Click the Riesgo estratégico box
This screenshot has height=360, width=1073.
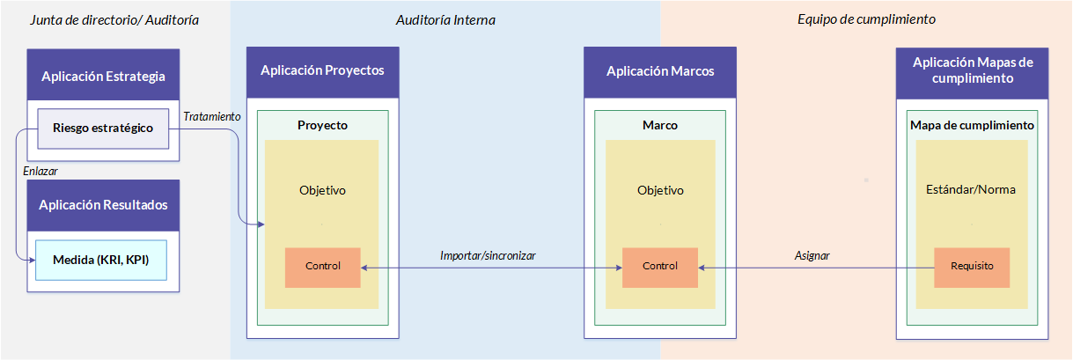pyautogui.click(x=103, y=129)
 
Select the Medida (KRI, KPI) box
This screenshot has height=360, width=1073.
pyautogui.click(x=101, y=260)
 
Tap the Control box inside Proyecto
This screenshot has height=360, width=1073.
pyautogui.click(x=322, y=267)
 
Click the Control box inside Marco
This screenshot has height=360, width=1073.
pyautogui.click(x=659, y=267)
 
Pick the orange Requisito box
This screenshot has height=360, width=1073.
pyautogui.click(x=972, y=267)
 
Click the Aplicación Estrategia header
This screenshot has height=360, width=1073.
pyautogui.click(x=103, y=75)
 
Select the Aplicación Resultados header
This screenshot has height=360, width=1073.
pyautogui.click(x=103, y=205)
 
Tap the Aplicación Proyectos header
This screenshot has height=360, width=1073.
pyautogui.click(x=322, y=72)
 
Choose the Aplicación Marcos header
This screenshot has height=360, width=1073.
pyautogui.click(x=660, y=72)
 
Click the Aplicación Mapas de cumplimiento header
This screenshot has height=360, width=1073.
pyautogui.click(x=973, y=73)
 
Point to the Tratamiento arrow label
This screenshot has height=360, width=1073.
pyautogui.click(x=212, y=116)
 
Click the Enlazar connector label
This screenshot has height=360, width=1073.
pyautogui.click(x=40, y=171)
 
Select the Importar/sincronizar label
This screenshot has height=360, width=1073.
pyautogui.click(x=488, y=255)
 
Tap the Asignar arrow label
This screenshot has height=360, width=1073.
pyautogui.click(x=812, y=255)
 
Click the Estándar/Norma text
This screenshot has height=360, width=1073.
pyautogui.click(x=971, y=189)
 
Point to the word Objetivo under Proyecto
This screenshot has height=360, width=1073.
pyautogui.click(x=322, y=190)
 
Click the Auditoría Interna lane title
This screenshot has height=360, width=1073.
pyautogui.click(x=445, y=20)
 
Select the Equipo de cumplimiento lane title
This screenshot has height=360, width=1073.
pyautogui.click(x=866, y=19)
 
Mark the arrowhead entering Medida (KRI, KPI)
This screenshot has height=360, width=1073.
pyautogui.click(x=32, y=261)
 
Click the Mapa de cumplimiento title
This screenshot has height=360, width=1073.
pyautogui.click(x=972, y=125)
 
